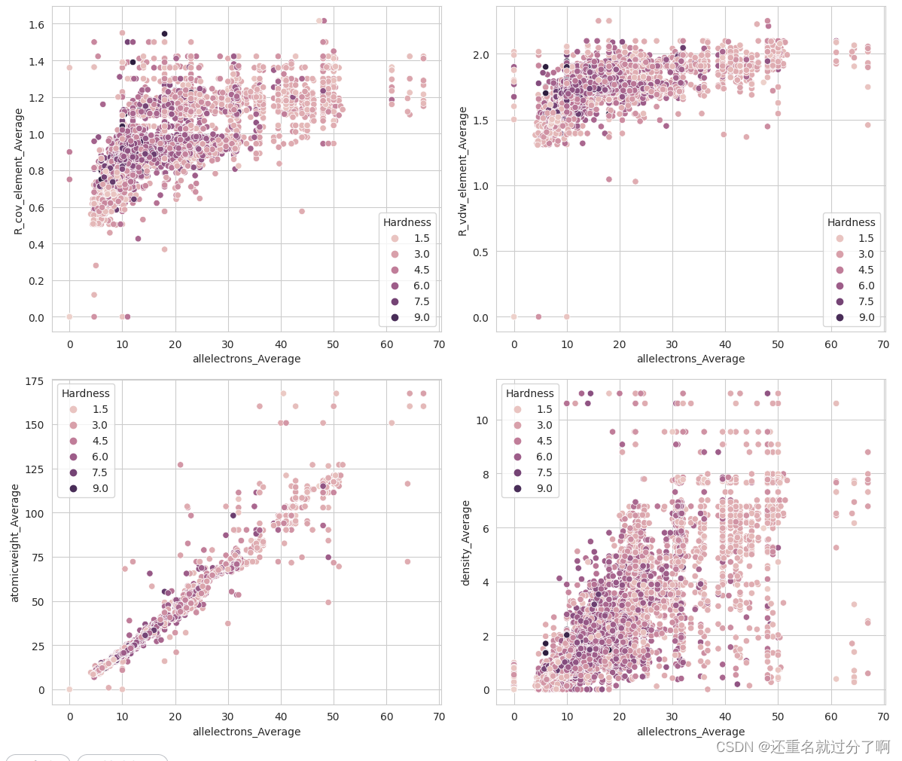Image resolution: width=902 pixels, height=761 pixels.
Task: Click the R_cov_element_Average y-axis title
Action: pos(19,171)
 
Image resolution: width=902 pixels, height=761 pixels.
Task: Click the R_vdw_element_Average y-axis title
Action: pos(463,171)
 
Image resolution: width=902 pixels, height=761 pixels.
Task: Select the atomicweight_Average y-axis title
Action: pos(14,542)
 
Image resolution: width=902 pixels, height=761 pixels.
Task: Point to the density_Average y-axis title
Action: pos(465,542)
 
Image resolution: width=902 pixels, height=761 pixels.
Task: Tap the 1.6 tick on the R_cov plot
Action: pos(36,25)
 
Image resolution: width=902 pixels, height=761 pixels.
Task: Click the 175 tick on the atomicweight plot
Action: pos(34,382)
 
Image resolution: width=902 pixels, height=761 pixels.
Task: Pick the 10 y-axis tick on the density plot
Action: pos(482,420)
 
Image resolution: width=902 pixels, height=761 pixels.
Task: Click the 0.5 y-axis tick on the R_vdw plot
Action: pos(480,252)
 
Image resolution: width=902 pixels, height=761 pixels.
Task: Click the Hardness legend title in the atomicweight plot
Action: pos(86,393)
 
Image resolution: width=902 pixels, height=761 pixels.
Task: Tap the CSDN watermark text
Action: pos(803,747)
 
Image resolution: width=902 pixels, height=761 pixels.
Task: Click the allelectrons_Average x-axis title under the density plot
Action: pos(690,732)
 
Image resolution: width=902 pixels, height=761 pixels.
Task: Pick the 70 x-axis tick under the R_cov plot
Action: pos(439,344)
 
